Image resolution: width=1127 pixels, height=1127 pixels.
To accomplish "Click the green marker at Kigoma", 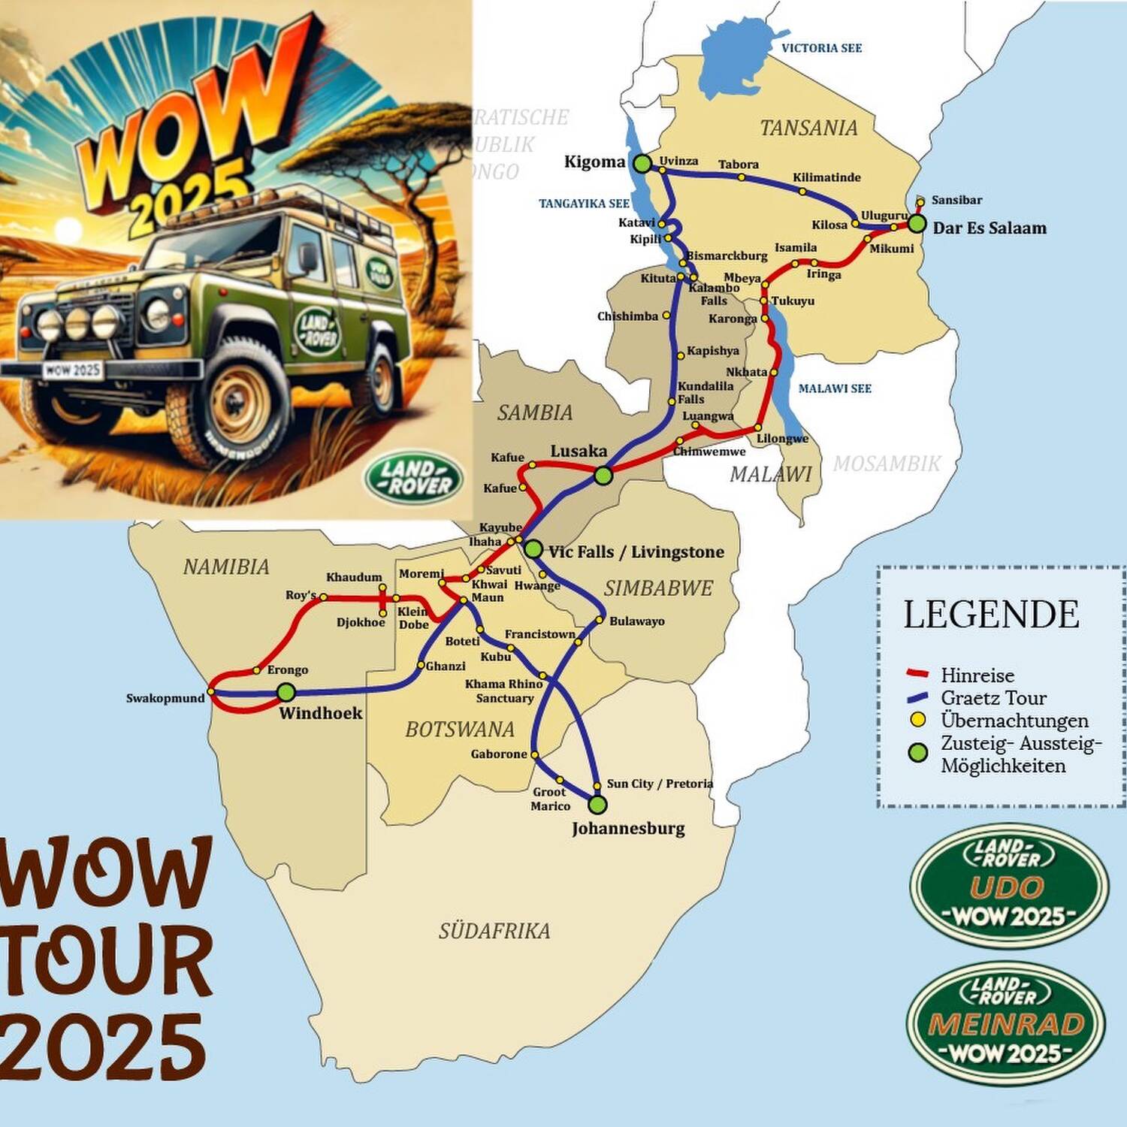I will pyautogui.click(x=642, y=163).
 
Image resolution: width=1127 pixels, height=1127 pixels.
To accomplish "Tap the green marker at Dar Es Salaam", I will pyautogui.click(x=916, y=223).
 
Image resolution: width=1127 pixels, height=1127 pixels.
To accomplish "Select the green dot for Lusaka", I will pyautogui.click(x=603, y=475).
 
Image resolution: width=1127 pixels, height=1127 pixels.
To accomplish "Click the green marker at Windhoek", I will pyautogui.click(x=286, y=691).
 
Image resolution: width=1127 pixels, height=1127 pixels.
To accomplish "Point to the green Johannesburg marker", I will pyautogui.click(x=597, y=805).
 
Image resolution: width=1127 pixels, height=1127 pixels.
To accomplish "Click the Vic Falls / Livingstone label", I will pyautogui.click(x=636, y=552).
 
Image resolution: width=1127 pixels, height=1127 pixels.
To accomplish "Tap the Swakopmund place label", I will pyautogui.click(x=165, y=698).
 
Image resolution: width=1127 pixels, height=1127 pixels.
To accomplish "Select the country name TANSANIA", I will pyautogui.click(x=808, y=128).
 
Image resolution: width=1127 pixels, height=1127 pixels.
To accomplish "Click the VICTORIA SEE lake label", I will pyautogui.click(x=821, y=48).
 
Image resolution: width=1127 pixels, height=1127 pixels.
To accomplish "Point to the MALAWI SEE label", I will pyautogui.click(x=835, y=388).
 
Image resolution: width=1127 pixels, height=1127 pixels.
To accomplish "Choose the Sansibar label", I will pyautogui.click(x=956, y=200).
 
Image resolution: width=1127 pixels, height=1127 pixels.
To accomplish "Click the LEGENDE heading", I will pyautogui.click(x=991, y=615).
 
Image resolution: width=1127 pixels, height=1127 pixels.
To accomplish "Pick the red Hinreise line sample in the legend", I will pyautogui.click(x=917, y=674).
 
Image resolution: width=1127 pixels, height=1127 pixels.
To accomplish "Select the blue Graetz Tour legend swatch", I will pyautogui.click(x=917, y=697).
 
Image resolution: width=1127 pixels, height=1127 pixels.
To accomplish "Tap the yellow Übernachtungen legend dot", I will pyautogui.click(x=917, y=720).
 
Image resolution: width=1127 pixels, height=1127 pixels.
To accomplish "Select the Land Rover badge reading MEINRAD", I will pyautogui.click(x=1006, y=1023).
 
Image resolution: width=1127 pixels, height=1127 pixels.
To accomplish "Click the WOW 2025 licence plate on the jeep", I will pyautogui.click(x=72, y=370).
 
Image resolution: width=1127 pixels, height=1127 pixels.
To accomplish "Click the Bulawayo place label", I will pyautogui.click(x=636, y=621).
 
